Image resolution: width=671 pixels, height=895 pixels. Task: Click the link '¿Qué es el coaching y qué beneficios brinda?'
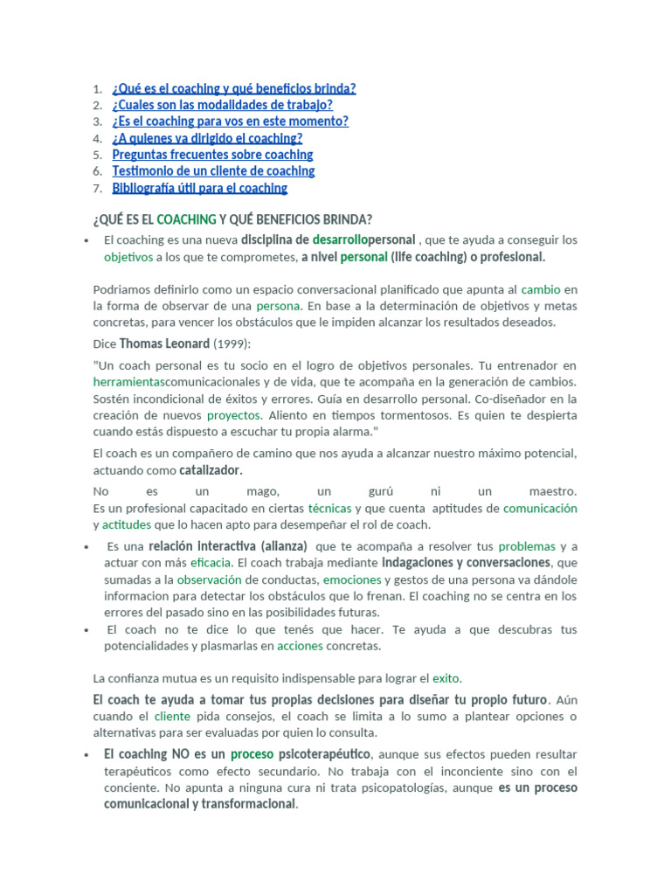(x=233, y=88)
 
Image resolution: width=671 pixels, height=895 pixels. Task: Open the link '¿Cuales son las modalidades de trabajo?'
(x=222, y=105)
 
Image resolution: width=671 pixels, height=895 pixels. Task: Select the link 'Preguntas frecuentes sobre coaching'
(x=212, y=155)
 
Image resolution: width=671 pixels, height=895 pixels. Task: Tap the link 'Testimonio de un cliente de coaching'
(x=213, y=171)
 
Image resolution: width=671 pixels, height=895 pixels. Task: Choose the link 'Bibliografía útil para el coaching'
(x=199, y=188)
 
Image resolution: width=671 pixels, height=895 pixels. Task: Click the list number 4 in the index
(x=97, y=138)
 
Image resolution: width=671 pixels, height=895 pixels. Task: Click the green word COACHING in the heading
(x=186, y=219)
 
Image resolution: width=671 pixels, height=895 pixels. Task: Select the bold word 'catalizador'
(x=210, y=470)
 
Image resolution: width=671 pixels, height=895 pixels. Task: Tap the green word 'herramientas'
(x=128, y=382)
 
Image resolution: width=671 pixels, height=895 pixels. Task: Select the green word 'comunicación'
(x=540, y=508)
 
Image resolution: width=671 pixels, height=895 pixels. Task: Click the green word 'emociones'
(x=352, y=579)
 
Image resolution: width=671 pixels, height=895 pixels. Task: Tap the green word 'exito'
(x=446, y=677)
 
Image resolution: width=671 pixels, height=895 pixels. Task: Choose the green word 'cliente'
(x=172, y=717)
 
